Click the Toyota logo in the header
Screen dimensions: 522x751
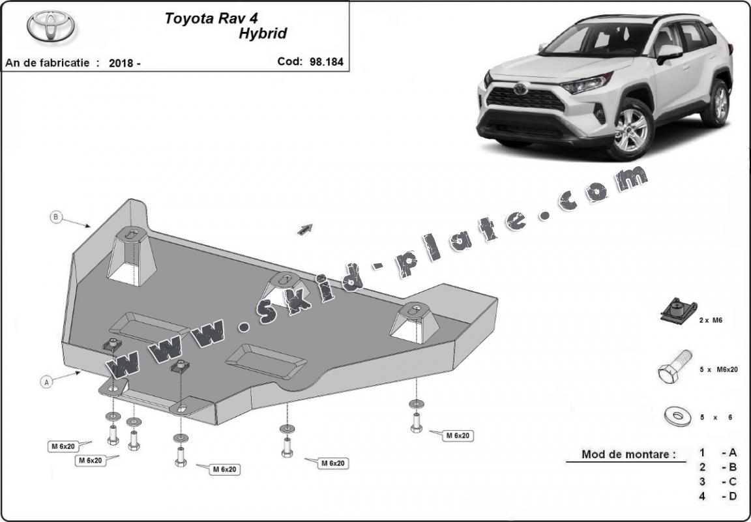click(x=51, y=26)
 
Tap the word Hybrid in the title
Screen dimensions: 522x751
click(x=261, y=33)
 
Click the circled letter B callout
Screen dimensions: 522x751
click(x=56, y=217)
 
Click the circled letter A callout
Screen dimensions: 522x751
click(x=47, y=383)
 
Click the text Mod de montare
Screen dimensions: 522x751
click(x=628, y=454)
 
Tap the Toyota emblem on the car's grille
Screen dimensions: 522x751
click(x=520, y=89)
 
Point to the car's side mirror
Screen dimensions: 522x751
click(x=669, y=53)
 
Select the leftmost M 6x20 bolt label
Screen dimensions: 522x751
click(x=63, y=446)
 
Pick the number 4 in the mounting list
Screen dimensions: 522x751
click(x=702, y=497)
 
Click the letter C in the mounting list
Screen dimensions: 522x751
click(x=733, y=482)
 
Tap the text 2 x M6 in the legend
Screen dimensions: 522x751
click(x=710, y=321)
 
